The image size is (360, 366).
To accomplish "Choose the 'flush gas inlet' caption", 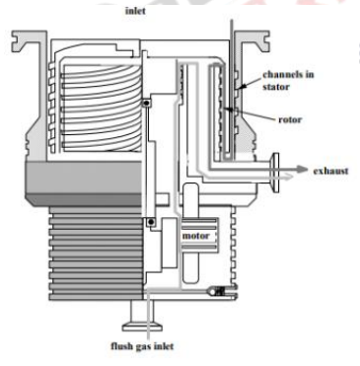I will (144, 345).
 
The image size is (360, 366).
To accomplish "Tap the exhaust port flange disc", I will (279, 170).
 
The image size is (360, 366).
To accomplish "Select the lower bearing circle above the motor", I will (149, 223).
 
